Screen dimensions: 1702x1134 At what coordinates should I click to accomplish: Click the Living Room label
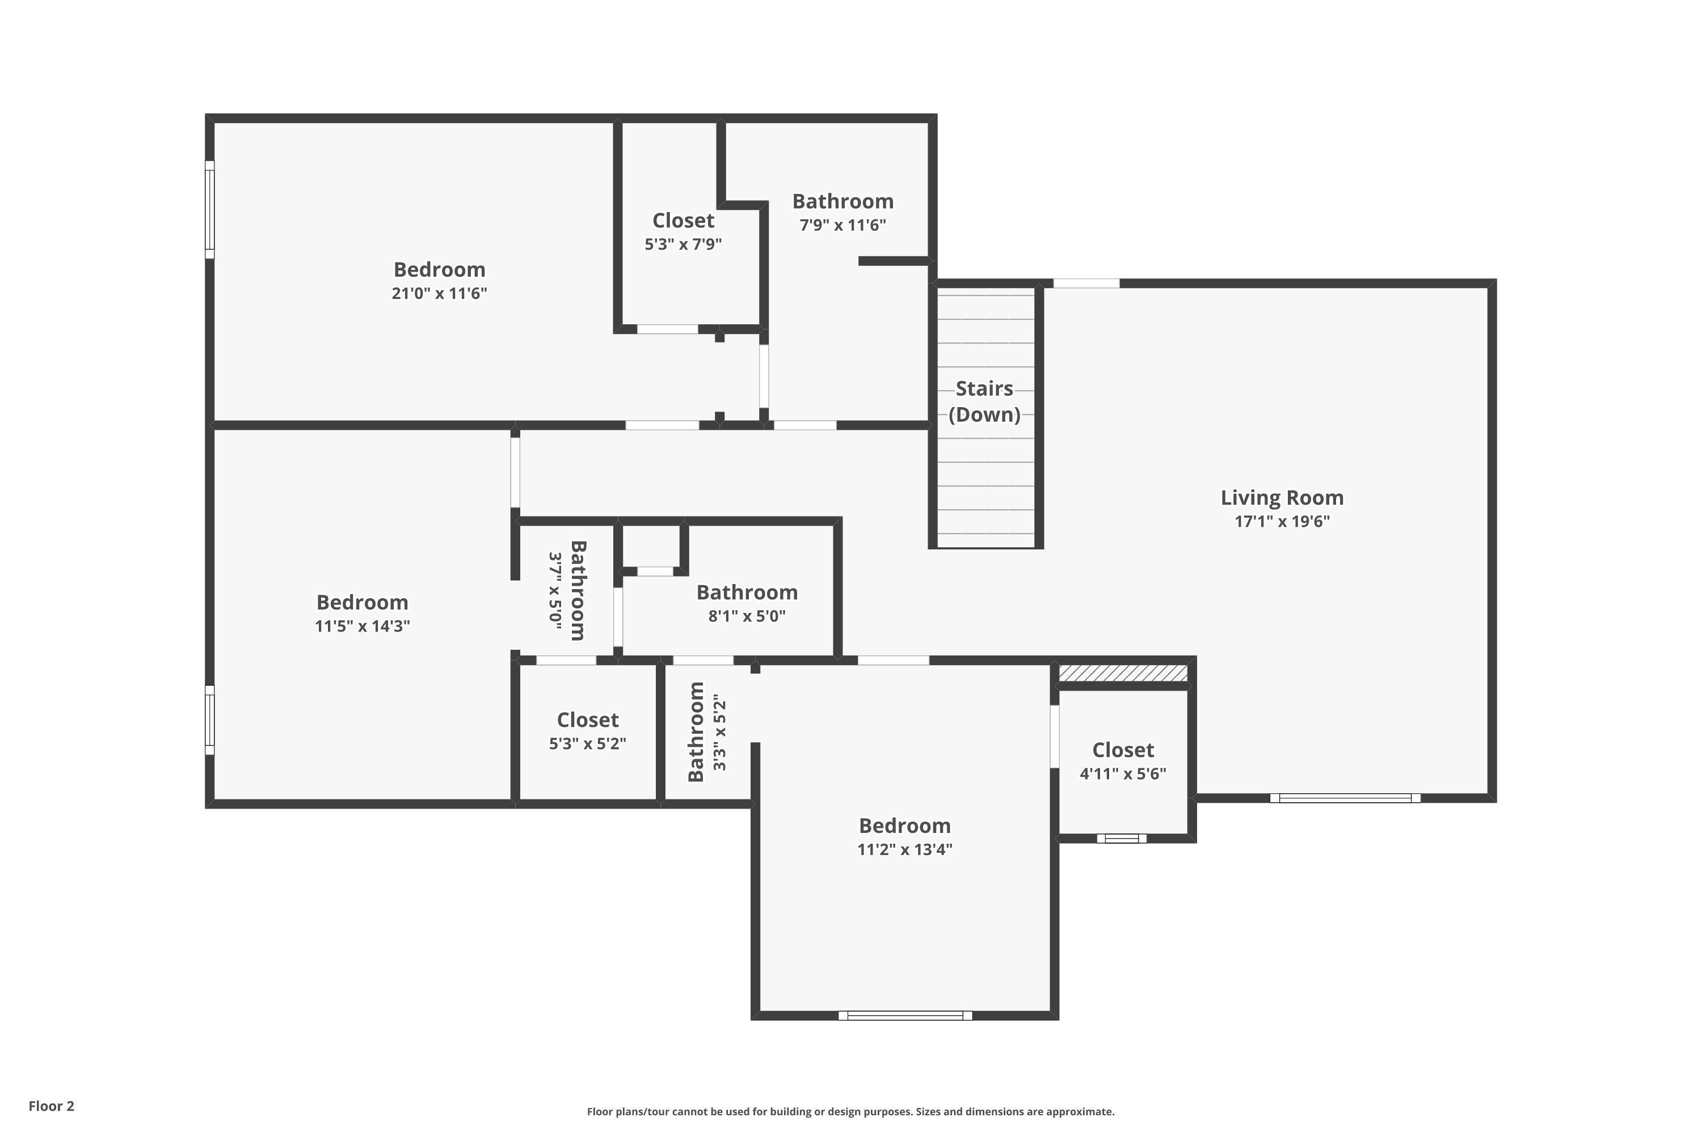(x=1282, y=498)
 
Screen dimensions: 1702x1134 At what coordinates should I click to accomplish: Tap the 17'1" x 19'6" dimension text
(x=1282, y=522)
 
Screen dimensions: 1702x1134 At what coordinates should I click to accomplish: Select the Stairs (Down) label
(x=984, y=401)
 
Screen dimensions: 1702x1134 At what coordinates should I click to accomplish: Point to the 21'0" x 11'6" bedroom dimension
(x=439, y=293)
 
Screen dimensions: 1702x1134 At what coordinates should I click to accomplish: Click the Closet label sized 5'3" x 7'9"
(x=683, y=221)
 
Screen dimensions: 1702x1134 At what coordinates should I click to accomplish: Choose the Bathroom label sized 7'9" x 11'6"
(x=843, y=201)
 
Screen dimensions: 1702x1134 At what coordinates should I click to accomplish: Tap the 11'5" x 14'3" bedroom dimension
(x=363, y=625)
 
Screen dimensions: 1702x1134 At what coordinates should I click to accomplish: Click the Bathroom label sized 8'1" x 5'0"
(x=747, y=593)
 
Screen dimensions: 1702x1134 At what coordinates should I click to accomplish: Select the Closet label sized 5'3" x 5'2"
(x=588, y=720)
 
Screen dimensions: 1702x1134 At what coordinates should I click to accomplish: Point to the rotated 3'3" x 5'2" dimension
(x=719, y=732)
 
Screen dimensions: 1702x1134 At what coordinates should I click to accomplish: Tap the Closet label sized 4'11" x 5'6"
(x=1123, y=750)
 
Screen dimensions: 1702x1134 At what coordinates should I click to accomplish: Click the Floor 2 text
(x=52, y=1106)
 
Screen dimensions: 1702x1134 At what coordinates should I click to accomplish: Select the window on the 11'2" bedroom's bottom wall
(x=905, y=1015)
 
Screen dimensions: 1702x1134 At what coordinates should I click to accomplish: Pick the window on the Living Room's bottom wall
(x=1345, y=798)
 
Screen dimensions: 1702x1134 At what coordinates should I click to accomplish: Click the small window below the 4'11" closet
(x=1122, y=838)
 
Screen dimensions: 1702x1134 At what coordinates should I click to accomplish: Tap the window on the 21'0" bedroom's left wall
(x=210, y=209)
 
